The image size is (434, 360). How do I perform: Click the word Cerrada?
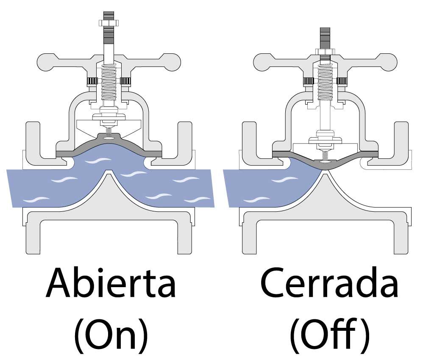[329, 282]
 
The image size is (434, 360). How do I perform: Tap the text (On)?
[111, 335]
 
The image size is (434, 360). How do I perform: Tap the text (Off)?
[329, 335]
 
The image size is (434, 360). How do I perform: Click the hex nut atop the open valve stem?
[108, 23]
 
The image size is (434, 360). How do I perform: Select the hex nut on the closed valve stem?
[325, 52]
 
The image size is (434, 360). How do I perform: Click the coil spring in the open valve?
[108, 82]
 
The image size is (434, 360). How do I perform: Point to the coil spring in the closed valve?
[325, 82]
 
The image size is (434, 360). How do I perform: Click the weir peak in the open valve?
[108, 172]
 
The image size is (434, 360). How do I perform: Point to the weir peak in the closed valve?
[325, 172]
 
